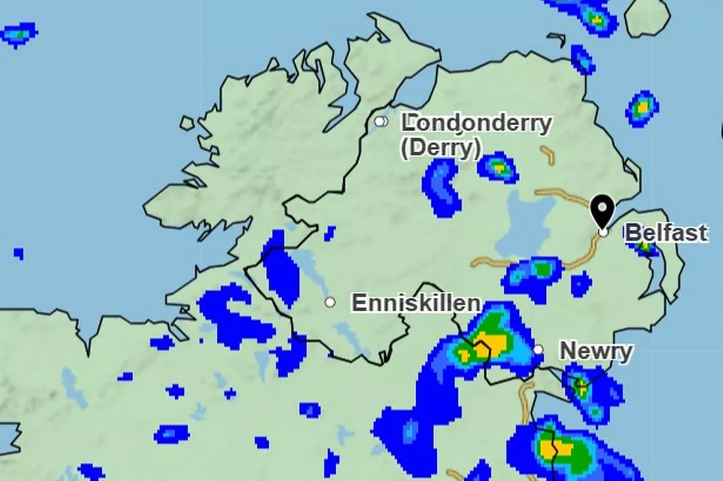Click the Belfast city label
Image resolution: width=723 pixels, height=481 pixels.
click(x=666, y=233)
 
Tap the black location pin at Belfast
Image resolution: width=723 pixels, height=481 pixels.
click(x=602, y=211)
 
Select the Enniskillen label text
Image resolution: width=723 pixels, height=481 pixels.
click(x=416, y=303)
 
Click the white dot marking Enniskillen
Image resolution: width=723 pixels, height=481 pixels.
click(x=330, y=302)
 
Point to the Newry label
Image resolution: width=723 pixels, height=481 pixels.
click(x=596, y=351)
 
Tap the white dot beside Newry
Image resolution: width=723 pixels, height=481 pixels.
click(x=538, y=349)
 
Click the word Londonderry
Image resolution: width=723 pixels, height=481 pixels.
click(x=477, y=123)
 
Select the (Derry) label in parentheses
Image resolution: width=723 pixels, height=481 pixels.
click(x=440, y=148)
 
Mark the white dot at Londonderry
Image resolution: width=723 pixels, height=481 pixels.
click(x=380, y=122)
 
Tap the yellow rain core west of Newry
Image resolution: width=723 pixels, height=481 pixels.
click(x=491, y=344)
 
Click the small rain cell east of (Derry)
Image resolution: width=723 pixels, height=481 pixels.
click(x=498, y=167)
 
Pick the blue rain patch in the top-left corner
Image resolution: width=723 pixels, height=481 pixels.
click(x=19, y=34)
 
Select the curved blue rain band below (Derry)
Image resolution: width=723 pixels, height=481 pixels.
click(x=441, y=187)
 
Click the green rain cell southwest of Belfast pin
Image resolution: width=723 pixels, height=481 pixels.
click(x=542, y=269)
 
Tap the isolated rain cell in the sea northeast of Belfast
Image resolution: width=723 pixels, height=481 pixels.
click(x=642, y=108)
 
